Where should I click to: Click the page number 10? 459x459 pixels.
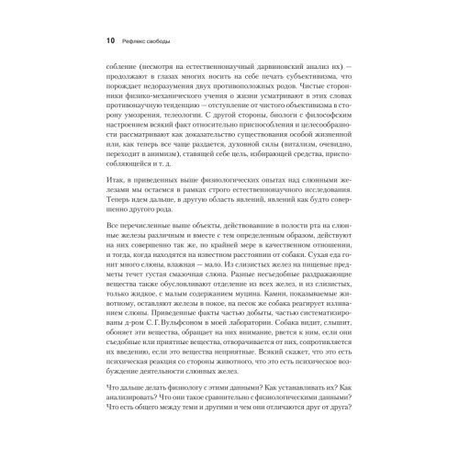(111, 40)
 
